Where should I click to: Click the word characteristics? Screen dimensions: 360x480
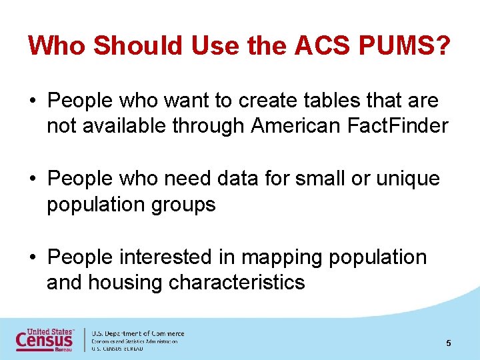[237, 282]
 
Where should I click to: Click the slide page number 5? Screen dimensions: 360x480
[449, 343]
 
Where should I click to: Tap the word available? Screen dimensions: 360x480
[118, 126]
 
